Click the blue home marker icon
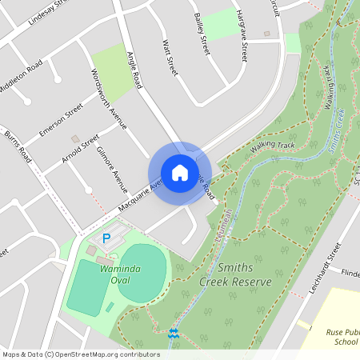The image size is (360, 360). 180,172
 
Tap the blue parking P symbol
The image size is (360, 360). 106,238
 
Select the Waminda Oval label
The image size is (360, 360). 120,269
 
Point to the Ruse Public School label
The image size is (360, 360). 335,336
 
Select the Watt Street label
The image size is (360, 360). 169,58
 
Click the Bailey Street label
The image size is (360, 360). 201,33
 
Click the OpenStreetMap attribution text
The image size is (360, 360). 81,354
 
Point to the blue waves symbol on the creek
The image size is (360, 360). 174,331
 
